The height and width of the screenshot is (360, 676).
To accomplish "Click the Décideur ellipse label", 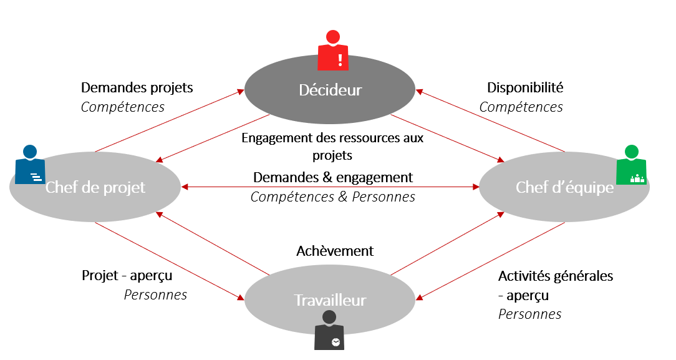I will click(x=330, y=90).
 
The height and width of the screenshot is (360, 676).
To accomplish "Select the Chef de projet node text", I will click(x=95, y=187).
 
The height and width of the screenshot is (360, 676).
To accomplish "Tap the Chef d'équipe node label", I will click(x=564, y=187).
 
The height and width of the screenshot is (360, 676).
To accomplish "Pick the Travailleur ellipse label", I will click(x=330, y=300).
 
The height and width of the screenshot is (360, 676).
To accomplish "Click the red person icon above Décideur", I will click(x=333, y=51).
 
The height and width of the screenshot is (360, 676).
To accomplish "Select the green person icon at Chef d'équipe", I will click(x=631, y=165).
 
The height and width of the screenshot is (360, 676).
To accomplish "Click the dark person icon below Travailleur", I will click(x=329, y=331).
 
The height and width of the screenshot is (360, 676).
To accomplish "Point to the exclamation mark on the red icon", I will click(x=340, y=59).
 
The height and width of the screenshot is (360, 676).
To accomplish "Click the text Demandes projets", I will click(x=137, y=87).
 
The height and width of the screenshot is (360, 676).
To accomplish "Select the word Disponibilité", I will click(x=525, y=87).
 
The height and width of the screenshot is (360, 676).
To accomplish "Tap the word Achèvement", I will click(x=335, y=251).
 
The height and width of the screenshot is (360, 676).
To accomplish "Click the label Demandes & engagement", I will click(x=333, y=177).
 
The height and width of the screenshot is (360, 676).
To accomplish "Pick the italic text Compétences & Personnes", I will click(x=333, y=197).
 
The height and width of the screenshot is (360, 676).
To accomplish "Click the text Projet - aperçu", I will click(x=127, y=275).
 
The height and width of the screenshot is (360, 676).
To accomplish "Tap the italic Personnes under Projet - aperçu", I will click(x=155, y=294).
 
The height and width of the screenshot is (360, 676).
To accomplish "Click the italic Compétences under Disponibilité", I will click(x=521, y=107).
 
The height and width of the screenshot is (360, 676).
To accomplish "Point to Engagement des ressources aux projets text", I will click(x=332, y=145).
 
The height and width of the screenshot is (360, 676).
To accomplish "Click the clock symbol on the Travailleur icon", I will click(x=336, y=342).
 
